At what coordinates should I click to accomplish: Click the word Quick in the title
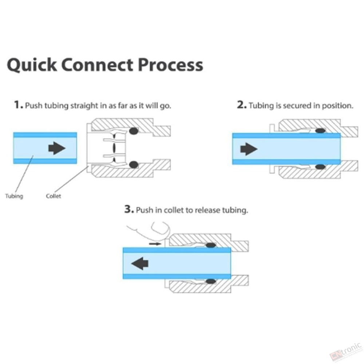coord(32,65)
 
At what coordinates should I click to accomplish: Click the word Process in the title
coord(171,64)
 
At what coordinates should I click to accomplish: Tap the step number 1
coord(18,104)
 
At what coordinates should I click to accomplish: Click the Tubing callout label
coord(14,196)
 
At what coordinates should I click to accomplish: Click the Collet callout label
coord(54,196)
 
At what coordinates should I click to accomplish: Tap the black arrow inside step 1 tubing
coord(57,148)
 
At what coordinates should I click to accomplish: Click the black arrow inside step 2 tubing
coord(249,149)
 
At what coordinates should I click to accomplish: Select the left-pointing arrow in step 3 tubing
coord(140,263)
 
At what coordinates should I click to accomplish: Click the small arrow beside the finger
coord(155,244)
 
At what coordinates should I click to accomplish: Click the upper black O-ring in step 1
coord(134,131)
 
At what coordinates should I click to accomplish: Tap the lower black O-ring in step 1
coord(134,165)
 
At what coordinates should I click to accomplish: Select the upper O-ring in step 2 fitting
coord(320,131)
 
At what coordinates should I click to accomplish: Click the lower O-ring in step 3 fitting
coord(211,281)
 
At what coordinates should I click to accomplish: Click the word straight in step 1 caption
coord(84,106)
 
